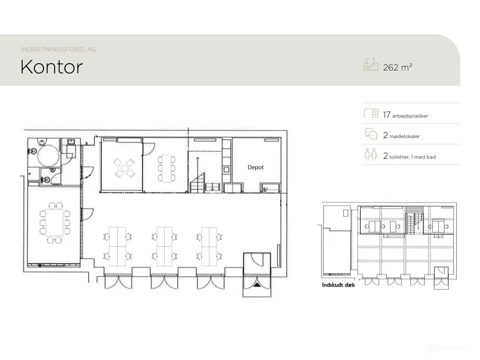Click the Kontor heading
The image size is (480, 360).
click(x=52, y=67)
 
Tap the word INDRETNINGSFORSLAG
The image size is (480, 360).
click(x=58, y=49)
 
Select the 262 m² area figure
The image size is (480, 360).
click(x=397, y=67)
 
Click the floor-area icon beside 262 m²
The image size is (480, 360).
click(x=371, y=64)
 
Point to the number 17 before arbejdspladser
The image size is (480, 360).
click(x=386, y=115)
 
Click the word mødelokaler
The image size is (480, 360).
click(x=405, y=136)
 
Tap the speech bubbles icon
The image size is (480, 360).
click(x=371, y=134)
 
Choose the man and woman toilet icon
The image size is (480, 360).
click(x=371, y=154)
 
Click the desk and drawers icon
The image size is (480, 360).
click(x=371, y=113)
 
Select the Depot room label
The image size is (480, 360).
click(x=255, y=167)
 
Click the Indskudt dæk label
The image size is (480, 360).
click(x=338, y=285)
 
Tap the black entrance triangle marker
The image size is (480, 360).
click(x=257, y=285)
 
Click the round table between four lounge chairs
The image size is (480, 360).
click(x=124, y=168)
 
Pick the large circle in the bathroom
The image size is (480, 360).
click(x=48, y=156)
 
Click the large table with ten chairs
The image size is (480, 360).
click(x=54, y=223)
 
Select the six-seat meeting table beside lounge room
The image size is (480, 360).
click(x=166, y=168)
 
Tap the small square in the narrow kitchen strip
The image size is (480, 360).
click(x=226, y=169)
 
